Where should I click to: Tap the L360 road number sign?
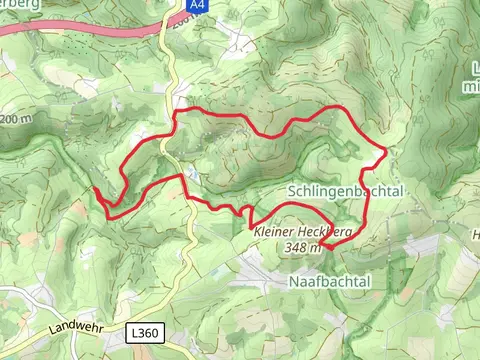pyautogui.click(x=143, y=330)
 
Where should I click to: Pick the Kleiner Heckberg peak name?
pyautogui.click(x=302, y=231)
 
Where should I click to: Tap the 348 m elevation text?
pyautogui.click(x=302, y=246)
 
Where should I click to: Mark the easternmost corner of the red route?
pyautogui.click(x=386, y=151)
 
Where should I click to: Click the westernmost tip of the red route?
pyautogui.click(x=94, y=187)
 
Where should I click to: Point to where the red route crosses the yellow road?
pyautogui.click(x=181, y=175)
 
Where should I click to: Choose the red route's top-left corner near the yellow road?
pyautogui.click(x=177, y=111)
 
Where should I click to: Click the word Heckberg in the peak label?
pyautogui.click(x=326, y=231)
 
